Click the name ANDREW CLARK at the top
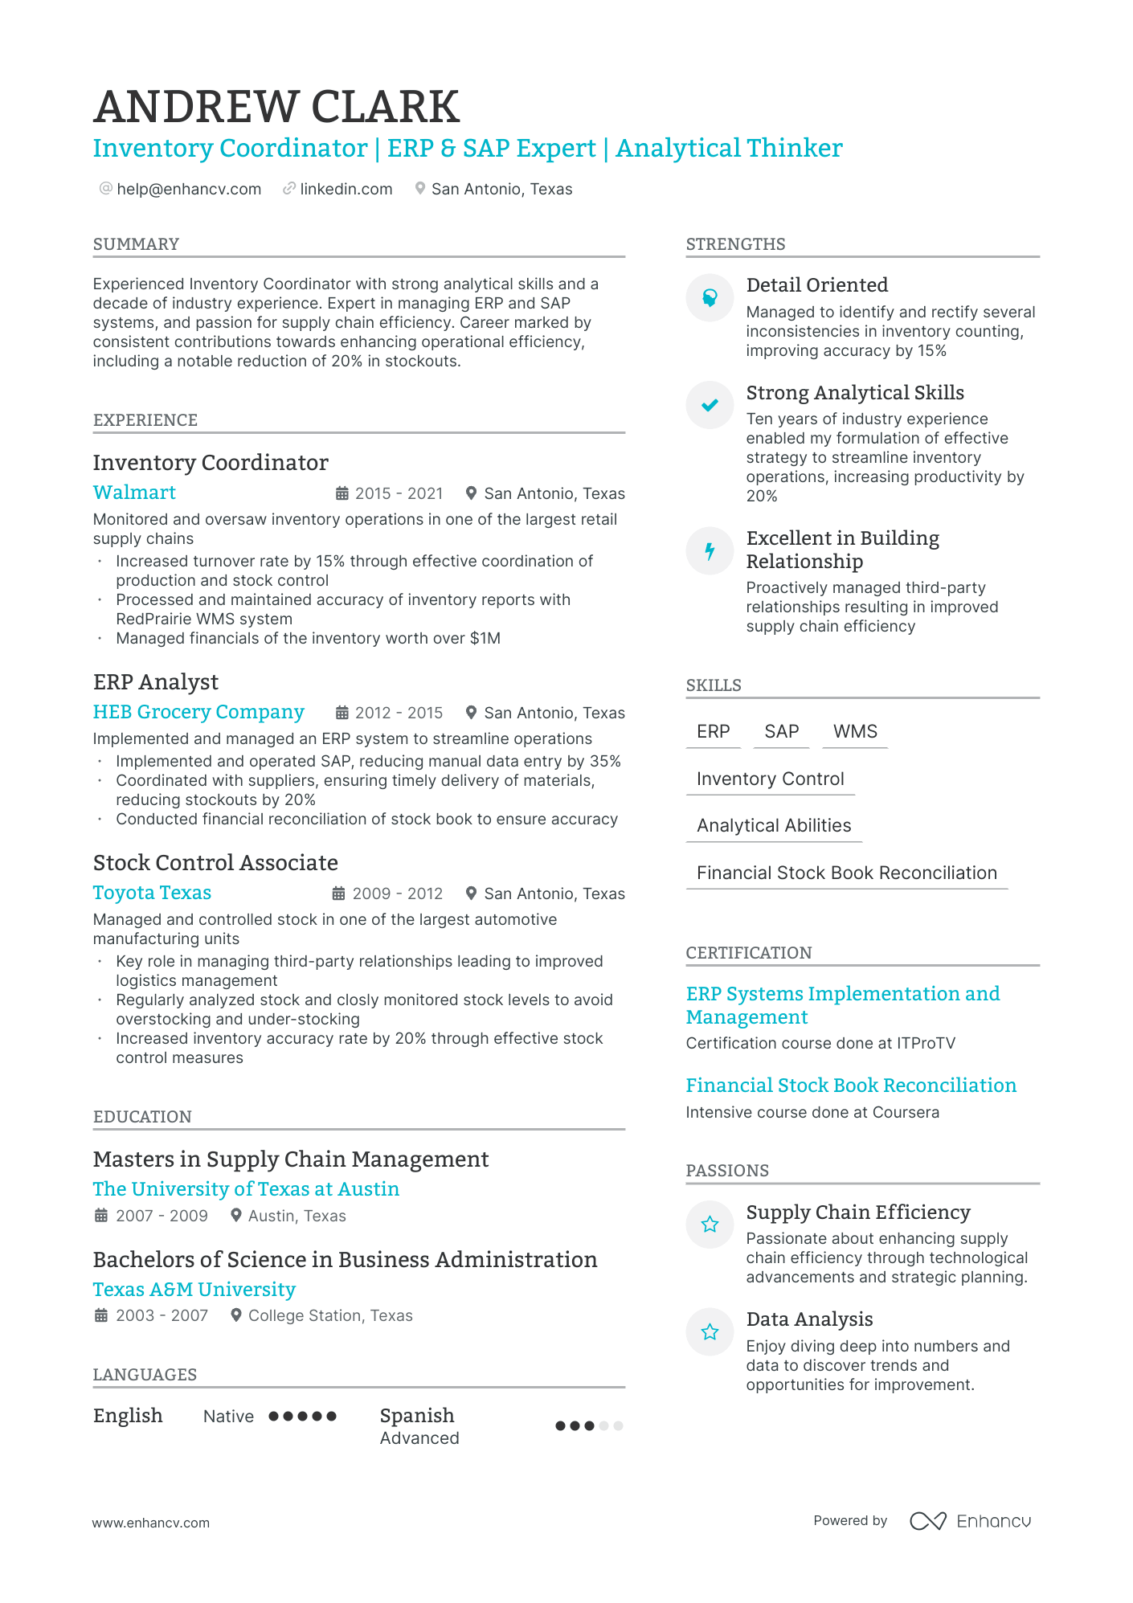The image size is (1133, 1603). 276,107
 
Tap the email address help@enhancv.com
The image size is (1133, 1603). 189,189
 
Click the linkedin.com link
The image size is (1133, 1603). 346,189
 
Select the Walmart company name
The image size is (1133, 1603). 134,493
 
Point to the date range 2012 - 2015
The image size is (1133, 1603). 399,713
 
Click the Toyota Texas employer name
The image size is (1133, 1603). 152,893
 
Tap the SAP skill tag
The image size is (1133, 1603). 781,731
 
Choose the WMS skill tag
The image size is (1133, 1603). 855,731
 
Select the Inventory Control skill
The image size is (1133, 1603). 770,779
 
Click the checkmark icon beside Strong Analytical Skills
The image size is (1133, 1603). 710,405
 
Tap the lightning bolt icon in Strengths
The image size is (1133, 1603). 710,550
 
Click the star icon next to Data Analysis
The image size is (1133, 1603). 710,1332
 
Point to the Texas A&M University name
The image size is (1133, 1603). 194,1290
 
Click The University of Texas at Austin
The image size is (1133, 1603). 246,1189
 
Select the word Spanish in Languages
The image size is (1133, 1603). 417,1415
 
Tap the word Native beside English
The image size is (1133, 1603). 228,1417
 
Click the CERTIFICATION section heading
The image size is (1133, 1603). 748,953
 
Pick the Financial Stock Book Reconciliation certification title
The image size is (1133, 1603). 851,1086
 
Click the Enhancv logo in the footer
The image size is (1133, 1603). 970,1521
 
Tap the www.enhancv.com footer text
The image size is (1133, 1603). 150,1523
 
